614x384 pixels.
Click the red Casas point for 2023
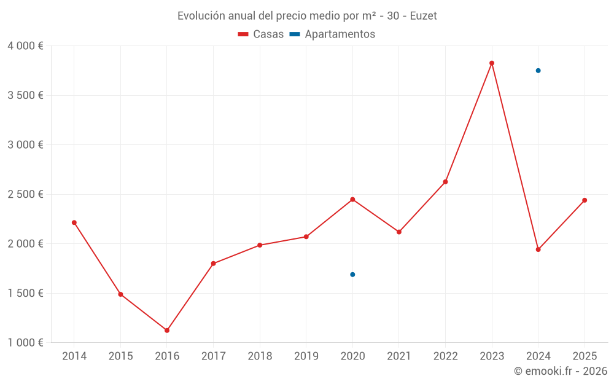(x=492, y=63)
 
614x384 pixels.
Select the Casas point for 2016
(x=167, y=331)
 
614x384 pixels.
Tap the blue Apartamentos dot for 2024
(x=538, y=71)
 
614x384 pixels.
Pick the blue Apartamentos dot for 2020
(x=352, y=275)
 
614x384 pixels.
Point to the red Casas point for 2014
(x=74, y=222)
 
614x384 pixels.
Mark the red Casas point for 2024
(x=538, y=249)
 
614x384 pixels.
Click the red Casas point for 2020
(x=352, y=199)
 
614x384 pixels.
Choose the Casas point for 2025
(x=585, y=200)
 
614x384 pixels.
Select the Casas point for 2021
(x=399, y=232)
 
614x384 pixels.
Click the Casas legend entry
(x=261, y=34)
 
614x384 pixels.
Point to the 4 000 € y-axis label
(x=25, y=46)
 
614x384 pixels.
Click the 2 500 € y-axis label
(x=25, y=194)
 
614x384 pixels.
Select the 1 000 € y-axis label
(x=25, y=343)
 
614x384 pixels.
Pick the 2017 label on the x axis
(x=213, y=356)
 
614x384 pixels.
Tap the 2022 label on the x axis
(x=445, y=356)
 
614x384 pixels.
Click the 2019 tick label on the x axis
(x=306, y=356)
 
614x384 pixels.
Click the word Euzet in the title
(x=423, y=16)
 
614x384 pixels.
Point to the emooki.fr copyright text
(x=561, y=371)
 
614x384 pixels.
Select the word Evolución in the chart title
(x=200, y=16)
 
